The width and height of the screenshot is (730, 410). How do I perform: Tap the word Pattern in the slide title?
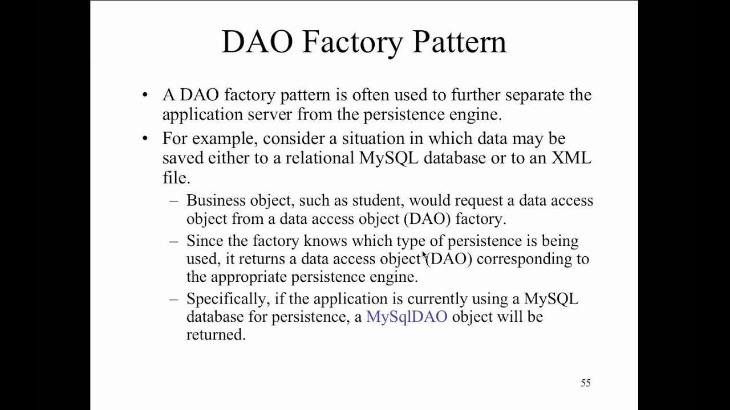[x=459, y=42]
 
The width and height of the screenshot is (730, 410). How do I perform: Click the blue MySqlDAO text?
[x=407, y=317]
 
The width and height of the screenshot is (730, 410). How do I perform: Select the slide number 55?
[x=586, y=383]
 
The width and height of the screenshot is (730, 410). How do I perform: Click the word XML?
[x=571, y=158]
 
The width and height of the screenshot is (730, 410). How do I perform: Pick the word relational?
[x=320, y=158]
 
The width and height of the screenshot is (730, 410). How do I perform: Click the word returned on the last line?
[x=215, y=335]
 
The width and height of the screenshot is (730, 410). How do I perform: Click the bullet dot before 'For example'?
[x=145, y=138]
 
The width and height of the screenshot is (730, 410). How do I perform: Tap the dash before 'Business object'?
[x=174, y=201]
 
